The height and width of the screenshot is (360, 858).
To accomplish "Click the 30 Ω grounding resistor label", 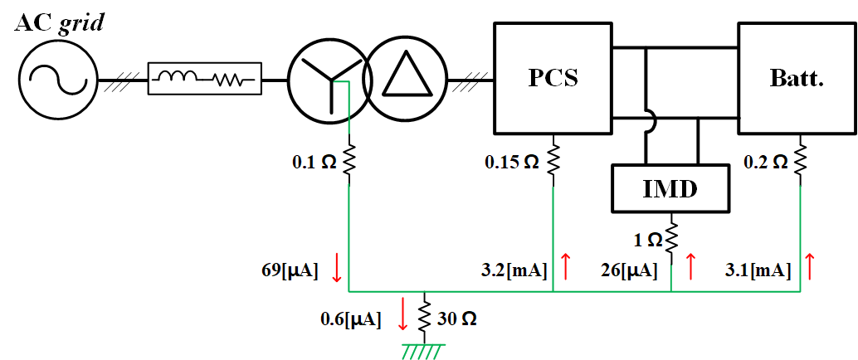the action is (x=457, y=319).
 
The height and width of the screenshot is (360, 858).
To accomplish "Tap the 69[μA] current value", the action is (x=290, y=270).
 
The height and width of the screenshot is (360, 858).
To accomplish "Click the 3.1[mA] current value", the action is (x=758, y=270).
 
